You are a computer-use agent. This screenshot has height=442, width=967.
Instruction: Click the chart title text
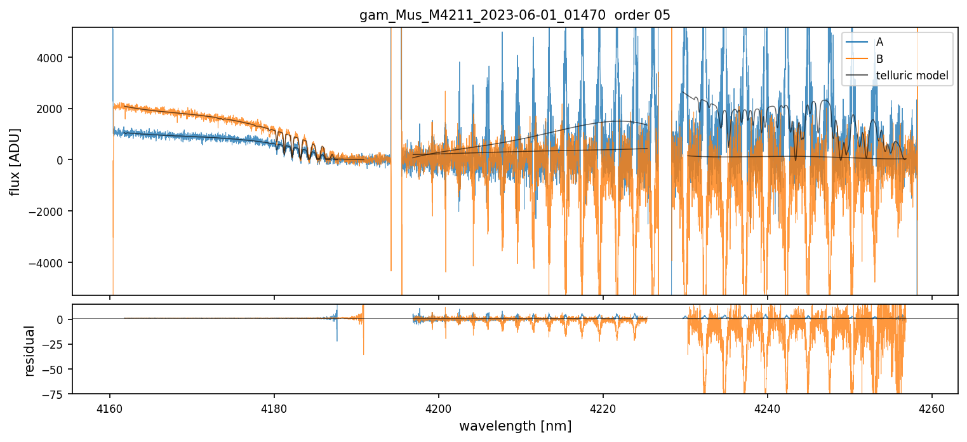click(x=515, y=15)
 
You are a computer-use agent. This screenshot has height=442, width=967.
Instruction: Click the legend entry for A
click(x=879, y=43)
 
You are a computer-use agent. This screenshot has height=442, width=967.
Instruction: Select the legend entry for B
click(x=879, y=59)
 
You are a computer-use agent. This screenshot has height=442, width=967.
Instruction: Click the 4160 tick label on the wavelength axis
click(x=110, y=408)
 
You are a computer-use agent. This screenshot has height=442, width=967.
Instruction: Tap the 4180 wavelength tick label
click(x=274, y=408)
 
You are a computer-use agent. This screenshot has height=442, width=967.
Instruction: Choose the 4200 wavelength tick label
click(x=439, y=408)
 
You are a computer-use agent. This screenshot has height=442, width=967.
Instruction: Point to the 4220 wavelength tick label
click(x=603, y=408)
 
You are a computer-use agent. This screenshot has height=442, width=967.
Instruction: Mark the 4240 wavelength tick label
click(x=768, y=408)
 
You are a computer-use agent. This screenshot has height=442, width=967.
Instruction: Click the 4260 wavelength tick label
click(x=932, y=408)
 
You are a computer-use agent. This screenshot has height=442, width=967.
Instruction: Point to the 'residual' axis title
click(x=29, y=350)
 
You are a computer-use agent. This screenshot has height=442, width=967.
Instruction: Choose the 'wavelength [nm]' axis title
click(x=515, y=426)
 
